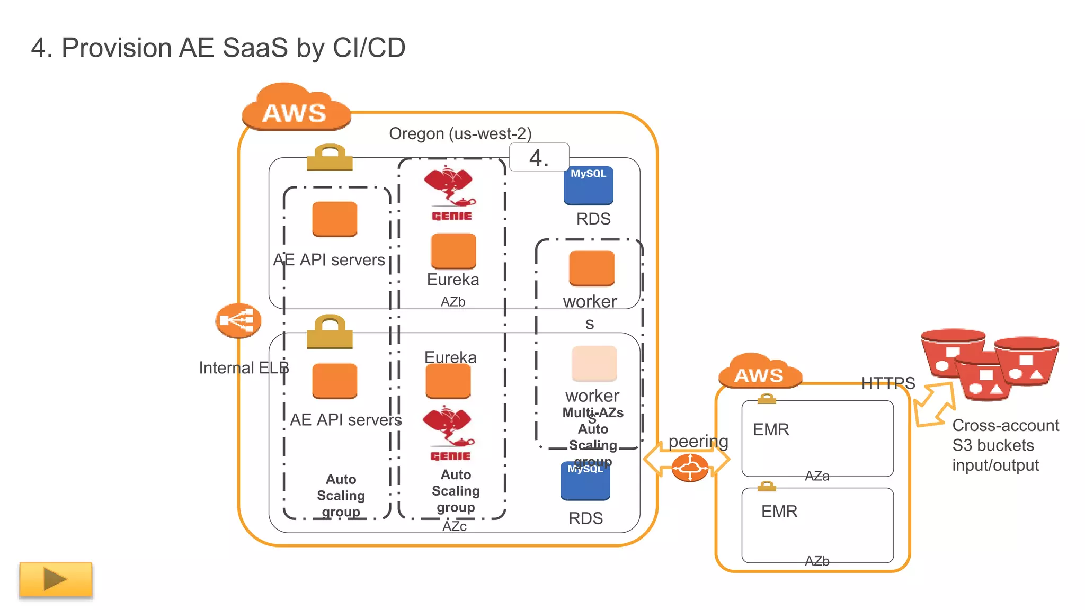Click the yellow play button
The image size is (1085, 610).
[56, 579]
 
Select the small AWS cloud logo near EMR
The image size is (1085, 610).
[759, 372]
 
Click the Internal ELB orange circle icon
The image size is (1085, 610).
[238, 320]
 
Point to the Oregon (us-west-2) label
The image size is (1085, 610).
[460, 133]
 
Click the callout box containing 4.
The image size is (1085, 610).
[539, 157]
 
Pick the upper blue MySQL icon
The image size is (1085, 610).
[588, 185]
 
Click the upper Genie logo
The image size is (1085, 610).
[450, 193]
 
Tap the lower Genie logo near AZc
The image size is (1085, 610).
[449, 434]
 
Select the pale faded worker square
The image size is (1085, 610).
[594, 363]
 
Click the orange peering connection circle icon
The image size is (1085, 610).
[690, 468]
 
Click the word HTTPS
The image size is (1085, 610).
[888, 383]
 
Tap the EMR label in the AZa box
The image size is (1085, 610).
[771, 429]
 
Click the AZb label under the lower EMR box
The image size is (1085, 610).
[816, 561]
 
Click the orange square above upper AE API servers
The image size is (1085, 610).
[334, 219]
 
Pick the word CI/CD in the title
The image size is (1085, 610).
[369, 48]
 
